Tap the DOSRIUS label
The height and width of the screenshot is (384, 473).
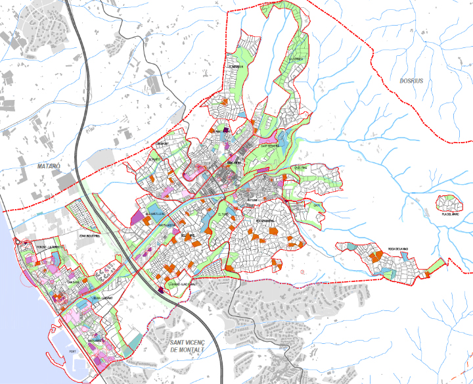411,81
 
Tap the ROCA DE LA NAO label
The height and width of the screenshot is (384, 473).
399,248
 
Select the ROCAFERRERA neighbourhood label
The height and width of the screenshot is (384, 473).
269,220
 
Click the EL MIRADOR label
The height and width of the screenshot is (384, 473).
235,66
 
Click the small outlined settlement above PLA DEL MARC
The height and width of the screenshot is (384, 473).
449,202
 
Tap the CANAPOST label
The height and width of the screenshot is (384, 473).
162,143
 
